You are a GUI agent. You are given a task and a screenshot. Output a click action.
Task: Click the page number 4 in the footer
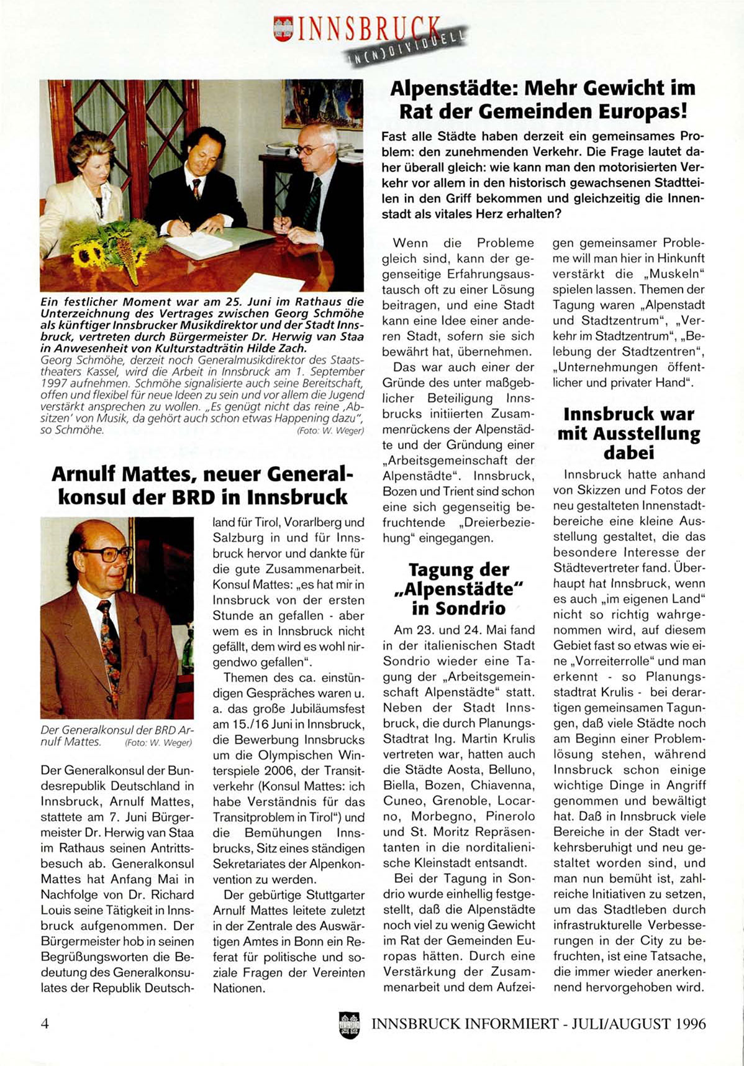point(45,1023)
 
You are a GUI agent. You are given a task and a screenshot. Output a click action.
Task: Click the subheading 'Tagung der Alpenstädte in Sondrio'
point(458,588)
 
